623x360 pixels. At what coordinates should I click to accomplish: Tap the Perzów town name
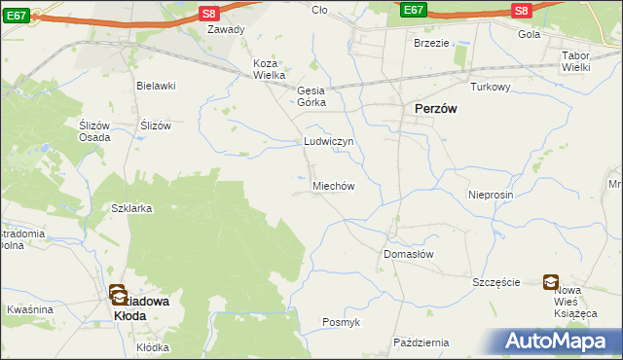pos(437,110)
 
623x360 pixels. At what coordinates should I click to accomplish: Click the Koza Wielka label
pos(270,69)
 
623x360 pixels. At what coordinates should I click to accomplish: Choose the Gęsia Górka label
pos(312,93)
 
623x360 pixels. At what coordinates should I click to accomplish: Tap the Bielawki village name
pos(156,86)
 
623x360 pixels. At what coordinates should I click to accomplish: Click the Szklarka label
pos(131,208)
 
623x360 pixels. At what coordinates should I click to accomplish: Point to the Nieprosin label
pos(490,195)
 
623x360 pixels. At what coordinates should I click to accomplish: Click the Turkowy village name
pos(491,87)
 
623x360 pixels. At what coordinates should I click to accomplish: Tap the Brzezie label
pos(431,43)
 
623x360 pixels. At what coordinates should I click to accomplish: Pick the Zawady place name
pos(226,29)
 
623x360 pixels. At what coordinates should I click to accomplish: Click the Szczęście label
pos(496,282)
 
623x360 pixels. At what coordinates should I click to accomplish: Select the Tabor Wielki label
pos(582,62)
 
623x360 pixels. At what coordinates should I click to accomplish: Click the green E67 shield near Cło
pos(413,10)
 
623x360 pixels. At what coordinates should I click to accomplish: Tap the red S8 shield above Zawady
pos(209,13)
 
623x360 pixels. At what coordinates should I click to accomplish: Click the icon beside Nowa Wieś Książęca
pos(551,282)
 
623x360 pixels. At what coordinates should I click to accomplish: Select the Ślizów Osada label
pos(93,131)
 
